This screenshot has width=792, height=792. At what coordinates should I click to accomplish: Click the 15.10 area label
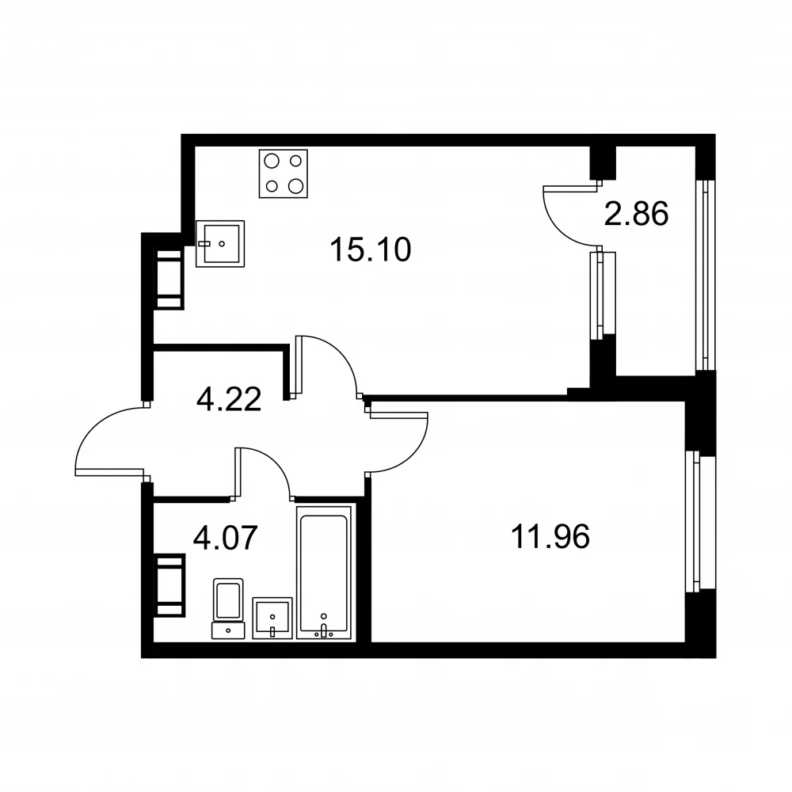tap(370, 249)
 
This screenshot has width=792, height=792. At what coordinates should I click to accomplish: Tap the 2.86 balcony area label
tap(636, 213)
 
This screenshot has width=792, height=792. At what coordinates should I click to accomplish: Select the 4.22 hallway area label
tap(229, 398)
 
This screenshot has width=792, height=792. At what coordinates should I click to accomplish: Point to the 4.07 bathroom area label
tap(225, 538)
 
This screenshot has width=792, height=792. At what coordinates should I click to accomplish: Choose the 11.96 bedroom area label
tap(550, 536)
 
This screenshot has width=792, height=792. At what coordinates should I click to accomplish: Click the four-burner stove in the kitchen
tap(284, 173)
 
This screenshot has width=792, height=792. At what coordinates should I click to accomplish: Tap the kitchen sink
tap(220, 243)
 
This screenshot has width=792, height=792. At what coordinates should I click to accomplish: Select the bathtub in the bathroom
tap(324, 573)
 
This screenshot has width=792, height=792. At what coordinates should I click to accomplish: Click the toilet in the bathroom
tap(228, 608)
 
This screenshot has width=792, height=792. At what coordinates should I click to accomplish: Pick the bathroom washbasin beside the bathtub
tap(272, 618)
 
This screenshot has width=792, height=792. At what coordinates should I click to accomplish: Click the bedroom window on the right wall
tap(700, 521)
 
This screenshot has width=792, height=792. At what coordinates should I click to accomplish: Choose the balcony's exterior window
tap(705, 275)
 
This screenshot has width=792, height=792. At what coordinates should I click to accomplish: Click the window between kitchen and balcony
tap(603, 295)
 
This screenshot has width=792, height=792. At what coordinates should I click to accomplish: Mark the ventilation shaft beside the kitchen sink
tap(169, 280)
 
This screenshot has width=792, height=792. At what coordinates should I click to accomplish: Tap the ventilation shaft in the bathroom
tap(169, 585)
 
